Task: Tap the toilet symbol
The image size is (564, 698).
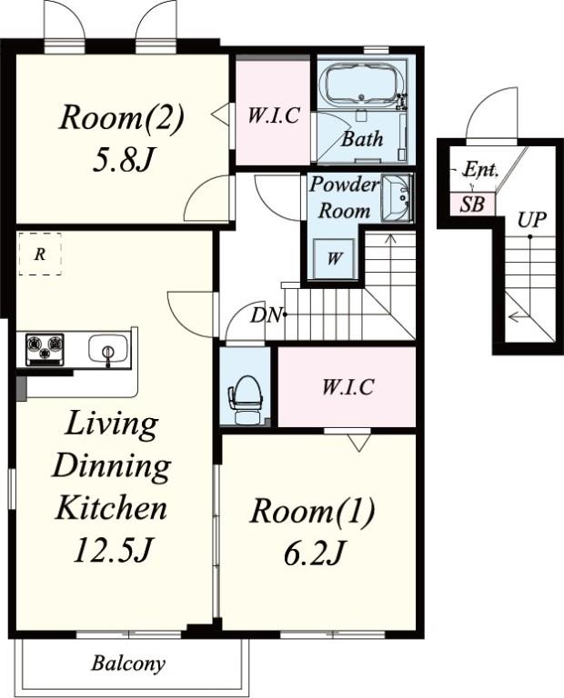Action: pos(244,400)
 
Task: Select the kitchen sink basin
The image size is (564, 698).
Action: pos(108,349)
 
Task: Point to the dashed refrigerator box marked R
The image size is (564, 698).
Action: pos(40,254)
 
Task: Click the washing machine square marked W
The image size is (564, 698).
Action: pos(334,259)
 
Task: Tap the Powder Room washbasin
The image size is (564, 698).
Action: pos(398,197)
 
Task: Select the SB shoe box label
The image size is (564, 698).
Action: pos(472,204)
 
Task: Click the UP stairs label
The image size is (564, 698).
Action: pos(531,219)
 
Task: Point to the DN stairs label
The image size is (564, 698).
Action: pos(266,315)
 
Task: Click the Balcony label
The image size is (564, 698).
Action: pos(128,663)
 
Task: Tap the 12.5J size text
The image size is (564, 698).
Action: pos(114,551)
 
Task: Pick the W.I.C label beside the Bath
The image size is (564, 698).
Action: pos(273,115)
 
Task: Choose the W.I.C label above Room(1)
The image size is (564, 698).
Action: pos(347,387)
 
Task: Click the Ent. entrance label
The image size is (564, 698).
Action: pos(480,170)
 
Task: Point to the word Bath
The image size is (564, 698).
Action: pos(362,139)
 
